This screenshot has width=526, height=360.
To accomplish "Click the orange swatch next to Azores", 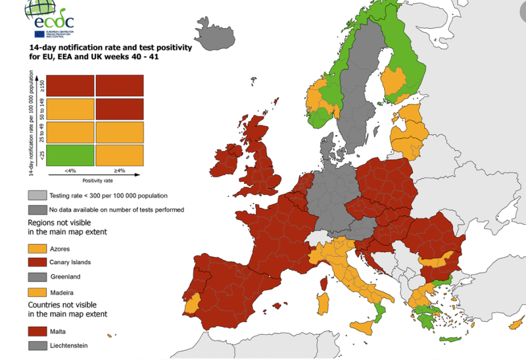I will [37, 249].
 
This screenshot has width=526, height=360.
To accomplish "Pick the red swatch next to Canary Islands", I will [37, 263].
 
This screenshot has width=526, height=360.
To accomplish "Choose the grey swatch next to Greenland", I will [37, 277].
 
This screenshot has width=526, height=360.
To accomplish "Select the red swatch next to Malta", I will [37, 332].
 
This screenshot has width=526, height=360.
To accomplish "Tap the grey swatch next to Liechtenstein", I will [37, 346].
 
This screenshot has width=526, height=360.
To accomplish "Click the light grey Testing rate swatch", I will [37, 196].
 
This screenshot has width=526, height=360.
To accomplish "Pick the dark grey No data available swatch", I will [37, 210].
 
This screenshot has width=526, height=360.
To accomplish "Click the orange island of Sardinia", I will [323, 303].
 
